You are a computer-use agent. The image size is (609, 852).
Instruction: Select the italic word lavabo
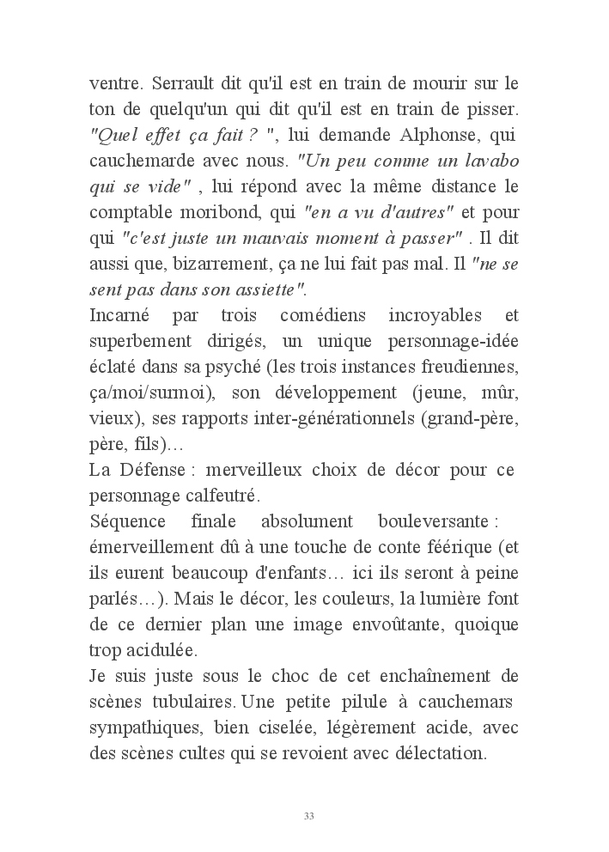point(486,161)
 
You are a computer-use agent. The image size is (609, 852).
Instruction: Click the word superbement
point(143,341)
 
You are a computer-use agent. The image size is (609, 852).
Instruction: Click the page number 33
point(308,815)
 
